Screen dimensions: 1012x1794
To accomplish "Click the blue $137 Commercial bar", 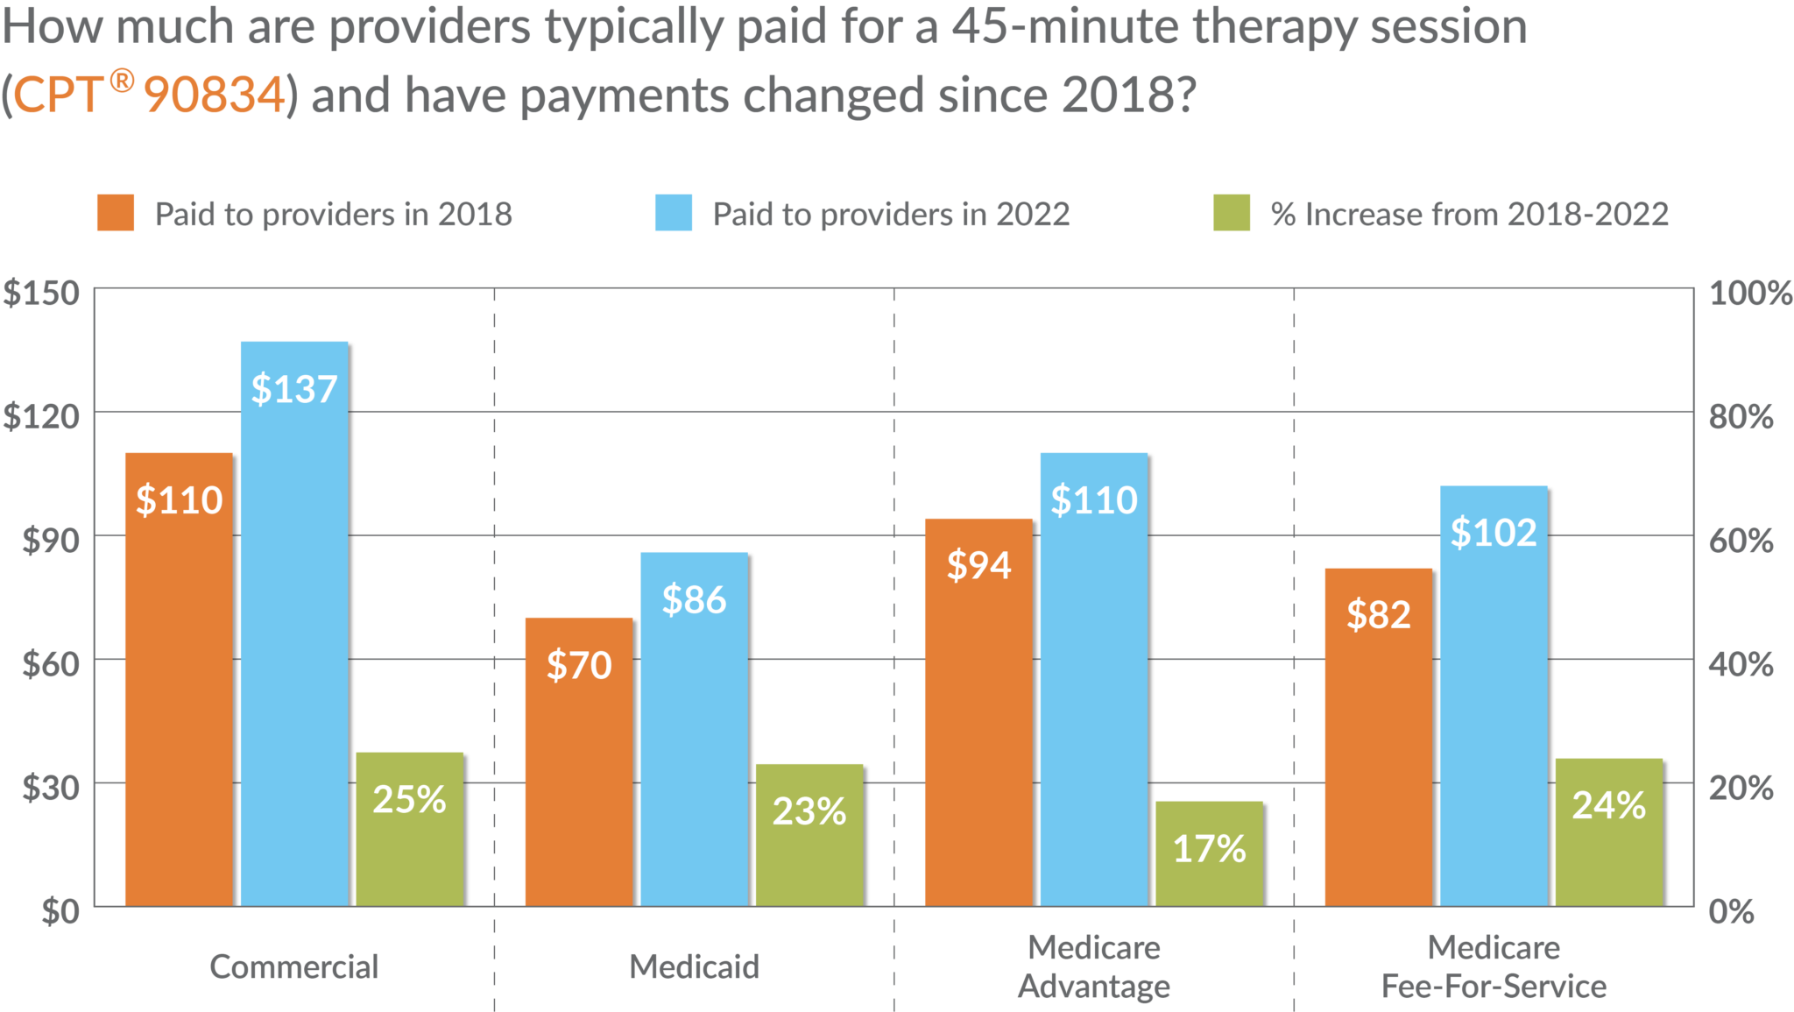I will (x=294, y=622).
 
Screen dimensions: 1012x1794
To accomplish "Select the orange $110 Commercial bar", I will (x=179, y=679).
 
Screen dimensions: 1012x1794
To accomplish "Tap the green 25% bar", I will (x=410, y=828).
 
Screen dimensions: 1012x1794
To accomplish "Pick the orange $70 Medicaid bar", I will (x=578, y=761).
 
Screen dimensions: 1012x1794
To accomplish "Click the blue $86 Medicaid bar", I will (x=694, y=727).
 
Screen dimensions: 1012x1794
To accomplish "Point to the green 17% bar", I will (x=1209, y=852).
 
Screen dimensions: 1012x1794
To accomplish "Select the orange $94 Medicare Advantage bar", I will (x=978, y=711).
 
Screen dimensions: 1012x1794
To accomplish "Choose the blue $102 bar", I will (x=1494, y=695).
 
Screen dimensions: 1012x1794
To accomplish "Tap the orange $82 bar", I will (x=1378, y=736).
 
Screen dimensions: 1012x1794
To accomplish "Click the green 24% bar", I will (x=1608, y=831).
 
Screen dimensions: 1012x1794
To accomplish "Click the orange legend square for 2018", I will (x=116, y=214).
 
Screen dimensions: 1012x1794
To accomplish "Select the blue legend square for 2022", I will (x=673, y=214).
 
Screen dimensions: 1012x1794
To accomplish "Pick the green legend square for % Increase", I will (x=1232, y=214).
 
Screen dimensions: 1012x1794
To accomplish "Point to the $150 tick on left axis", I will (x=41, y=293).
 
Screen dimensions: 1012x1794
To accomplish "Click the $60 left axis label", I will (x=51, y=664).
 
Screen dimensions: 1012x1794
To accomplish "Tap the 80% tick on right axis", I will (x=1741, y=416).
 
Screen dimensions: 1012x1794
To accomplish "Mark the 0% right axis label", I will (x=1731, y=911).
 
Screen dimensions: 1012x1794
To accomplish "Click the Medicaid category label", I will (x=694, y=966).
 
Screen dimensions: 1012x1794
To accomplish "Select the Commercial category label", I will (x=294, y=966).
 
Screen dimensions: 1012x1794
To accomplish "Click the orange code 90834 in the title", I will (x=215, y=95).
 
